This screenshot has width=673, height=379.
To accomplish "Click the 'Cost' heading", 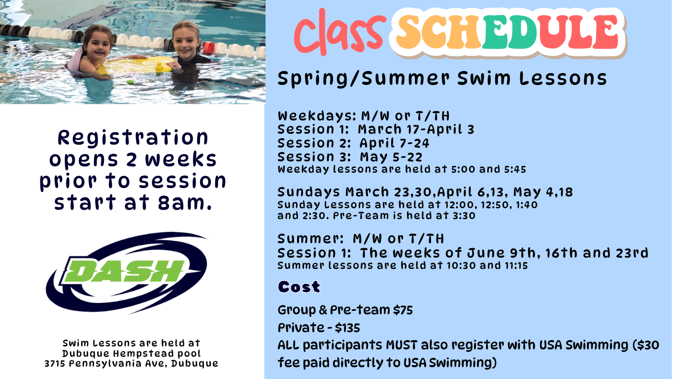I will point(299,287).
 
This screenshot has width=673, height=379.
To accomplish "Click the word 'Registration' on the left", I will point(133,137).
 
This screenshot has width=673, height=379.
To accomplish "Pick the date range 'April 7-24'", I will point(394,144).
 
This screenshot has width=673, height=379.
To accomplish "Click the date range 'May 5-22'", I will point(391,157).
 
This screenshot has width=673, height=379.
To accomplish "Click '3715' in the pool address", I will point(55,364).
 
